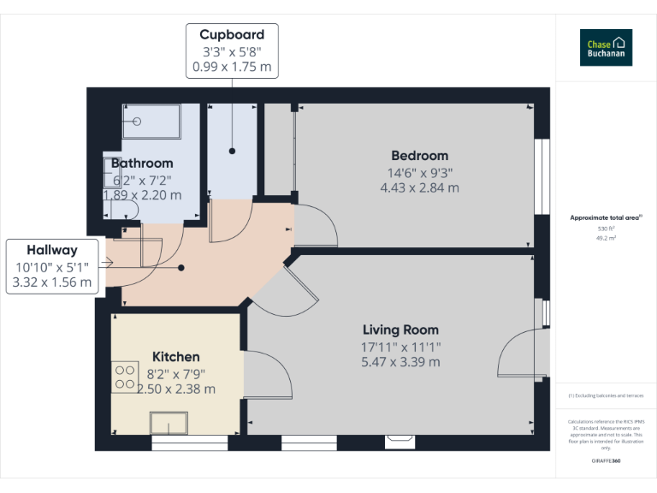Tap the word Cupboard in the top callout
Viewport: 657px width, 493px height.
pyautogui.click(x=232, y=35)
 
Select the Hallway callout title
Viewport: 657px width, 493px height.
pyautogui.click(x=51, y=250)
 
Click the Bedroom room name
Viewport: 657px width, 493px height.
pyautogui.click(x=419, y=156)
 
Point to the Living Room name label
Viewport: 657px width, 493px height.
pyautogui.click(x=400, y=330)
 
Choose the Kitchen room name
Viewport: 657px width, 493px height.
pyautogui.click(x=176, y=357)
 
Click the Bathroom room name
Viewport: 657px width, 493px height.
pyautogui.click(x=142, y=163)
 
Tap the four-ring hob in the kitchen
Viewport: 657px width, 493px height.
pyautogui.click(x=126, y=376)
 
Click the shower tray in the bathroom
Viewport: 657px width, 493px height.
pyautogui.click(x=151, y=122)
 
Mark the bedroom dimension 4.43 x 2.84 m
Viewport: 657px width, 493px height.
pyautogui.click(x=419, y=187)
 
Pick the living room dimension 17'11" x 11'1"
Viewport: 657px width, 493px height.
pyautogui.click(x=400, y=347)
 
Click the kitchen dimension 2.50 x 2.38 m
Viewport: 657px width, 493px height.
pyautogui.click(x=176, y=389)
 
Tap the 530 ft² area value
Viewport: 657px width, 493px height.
pyautogui.click(x=606, y=229)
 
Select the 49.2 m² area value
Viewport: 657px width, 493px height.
pyautogui.click(x=606, y=238)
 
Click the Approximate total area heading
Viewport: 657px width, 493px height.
pyautogui.click(x=606, y=218)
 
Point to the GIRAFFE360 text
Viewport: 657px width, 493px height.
pyautogui.click(x=606, y=461)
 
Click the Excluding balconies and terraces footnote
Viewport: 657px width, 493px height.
pyautogui.click(x=606, y=395)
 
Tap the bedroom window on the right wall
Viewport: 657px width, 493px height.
pyautogui.click(x=541, y=176)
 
